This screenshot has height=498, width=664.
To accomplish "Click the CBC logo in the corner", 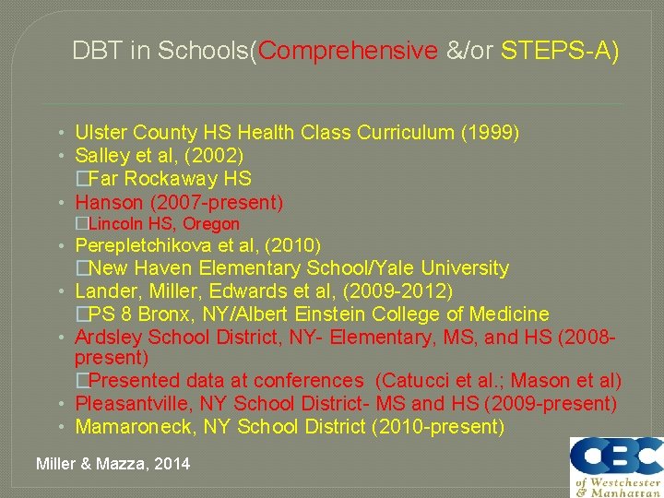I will [615, 467].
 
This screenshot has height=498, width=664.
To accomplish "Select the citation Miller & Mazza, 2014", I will [113, 464].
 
